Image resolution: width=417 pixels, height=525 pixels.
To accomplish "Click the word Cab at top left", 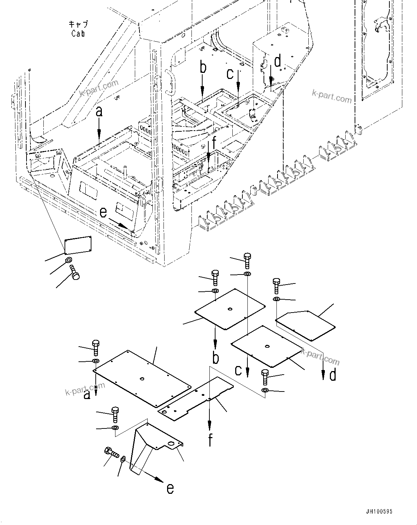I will click(78, 34).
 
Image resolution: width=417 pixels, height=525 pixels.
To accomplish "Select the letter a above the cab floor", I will click(99, 112).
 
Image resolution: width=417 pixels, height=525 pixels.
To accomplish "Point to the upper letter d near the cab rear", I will click(278, 62).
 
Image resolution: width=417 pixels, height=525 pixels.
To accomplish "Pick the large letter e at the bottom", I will click(170, 488).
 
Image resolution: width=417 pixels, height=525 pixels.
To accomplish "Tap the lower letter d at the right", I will click(333, 375).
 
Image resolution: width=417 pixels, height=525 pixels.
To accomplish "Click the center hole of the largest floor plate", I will click(142, 379).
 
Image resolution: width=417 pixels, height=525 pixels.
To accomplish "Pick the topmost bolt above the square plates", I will click(247, 261).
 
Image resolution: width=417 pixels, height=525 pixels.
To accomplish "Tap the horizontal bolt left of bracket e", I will click(112, 453).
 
